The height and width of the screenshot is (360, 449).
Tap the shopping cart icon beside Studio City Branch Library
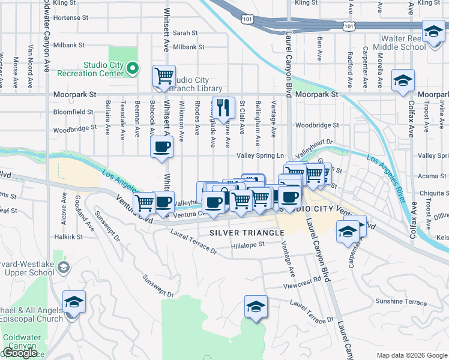tap(163, 76)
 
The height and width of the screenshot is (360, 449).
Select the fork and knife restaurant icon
tap(223, 108)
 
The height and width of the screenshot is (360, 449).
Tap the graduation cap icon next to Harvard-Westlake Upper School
tap(74, 301)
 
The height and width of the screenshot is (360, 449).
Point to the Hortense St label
tap(71, 18)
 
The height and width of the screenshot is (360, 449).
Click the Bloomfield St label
tap(74, 112)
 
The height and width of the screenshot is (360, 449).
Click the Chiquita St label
tap(433, 193)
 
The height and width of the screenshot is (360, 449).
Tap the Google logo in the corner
tap(20, 353)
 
